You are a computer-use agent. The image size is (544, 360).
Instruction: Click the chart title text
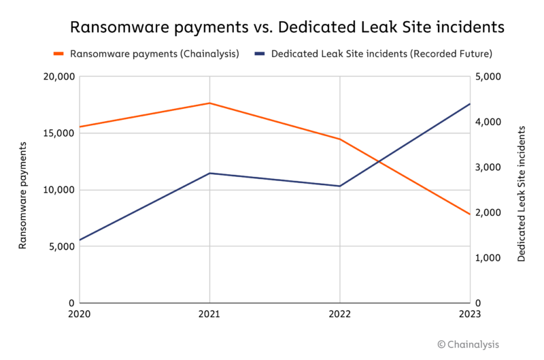(x=288, y=27)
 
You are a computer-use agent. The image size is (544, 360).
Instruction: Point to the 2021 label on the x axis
(x=209, y=314)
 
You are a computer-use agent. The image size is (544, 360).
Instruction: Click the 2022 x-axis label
(x=339, y=314)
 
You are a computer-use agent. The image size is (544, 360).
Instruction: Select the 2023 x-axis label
(x=469, y=314)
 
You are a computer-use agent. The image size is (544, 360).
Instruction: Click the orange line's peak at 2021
(x=209, y=103)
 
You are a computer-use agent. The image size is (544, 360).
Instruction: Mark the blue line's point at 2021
(x=209, y=173)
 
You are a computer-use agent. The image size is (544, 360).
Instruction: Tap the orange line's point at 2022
(x=339, y=139)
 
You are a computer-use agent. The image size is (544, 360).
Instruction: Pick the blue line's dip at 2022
(x=339, y=186)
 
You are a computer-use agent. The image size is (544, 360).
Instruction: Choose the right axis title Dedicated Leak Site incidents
(x=522, y=193)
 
